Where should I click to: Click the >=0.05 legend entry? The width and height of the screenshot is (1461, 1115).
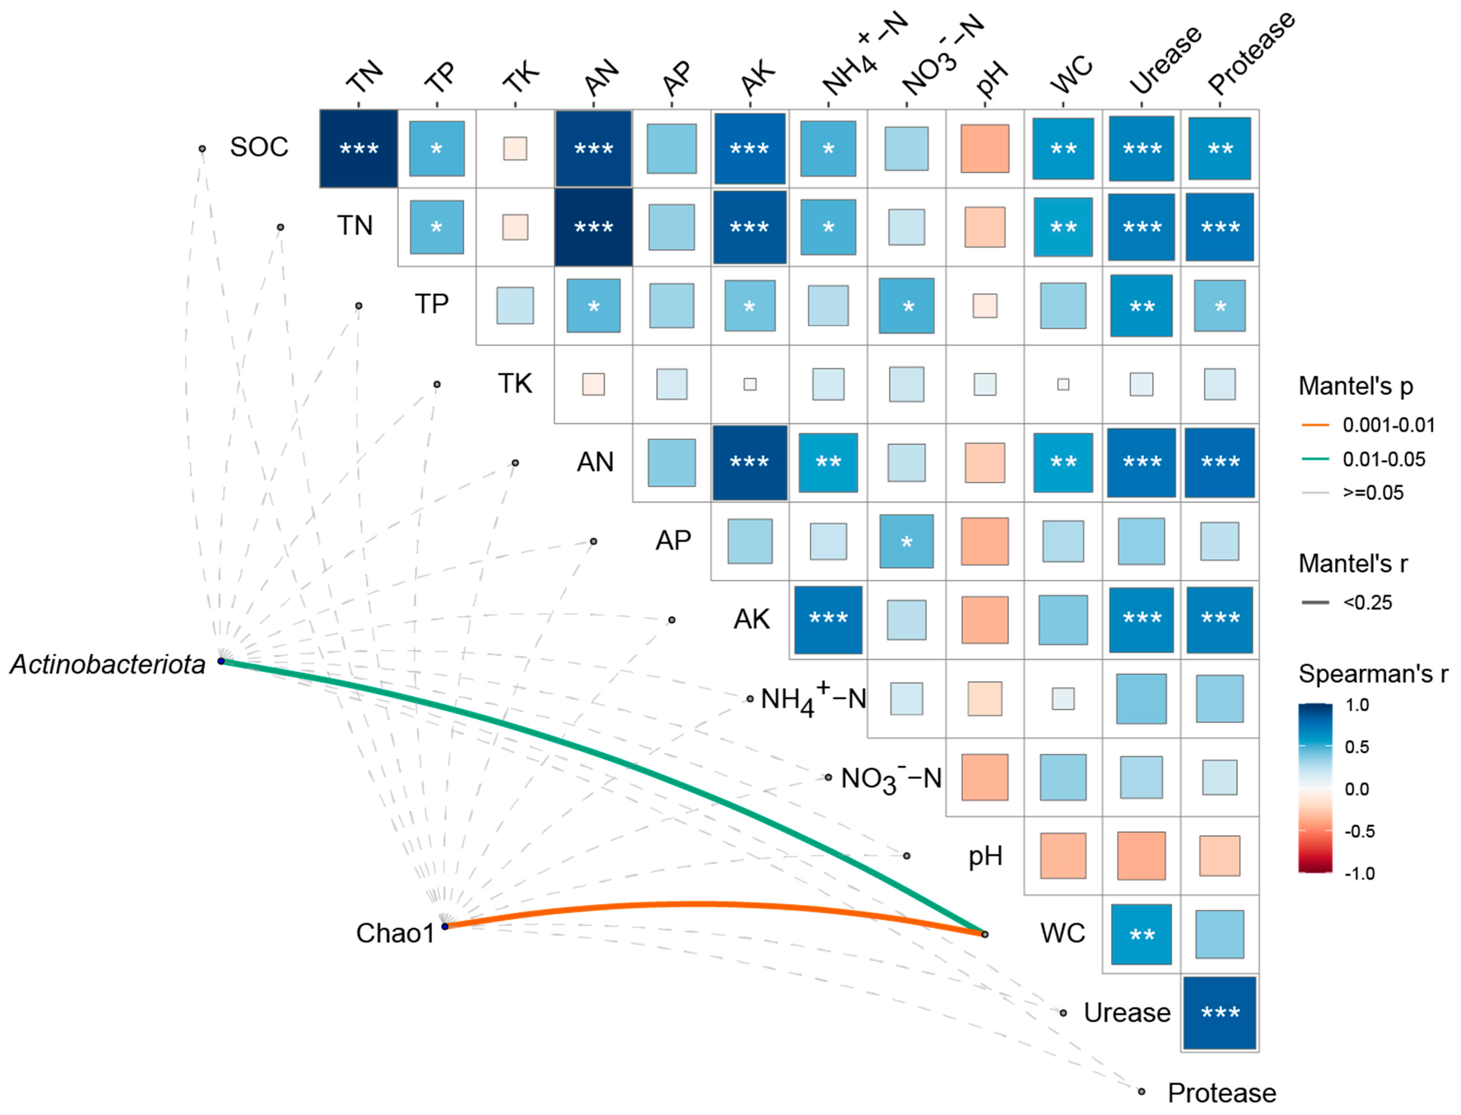[x=1373, y=492]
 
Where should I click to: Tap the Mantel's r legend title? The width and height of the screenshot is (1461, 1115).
[x=1352, y=563]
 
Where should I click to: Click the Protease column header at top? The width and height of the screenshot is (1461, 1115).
[x=1250, y=53]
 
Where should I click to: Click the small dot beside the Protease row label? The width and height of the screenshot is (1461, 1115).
[x=1141, y=1091]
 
